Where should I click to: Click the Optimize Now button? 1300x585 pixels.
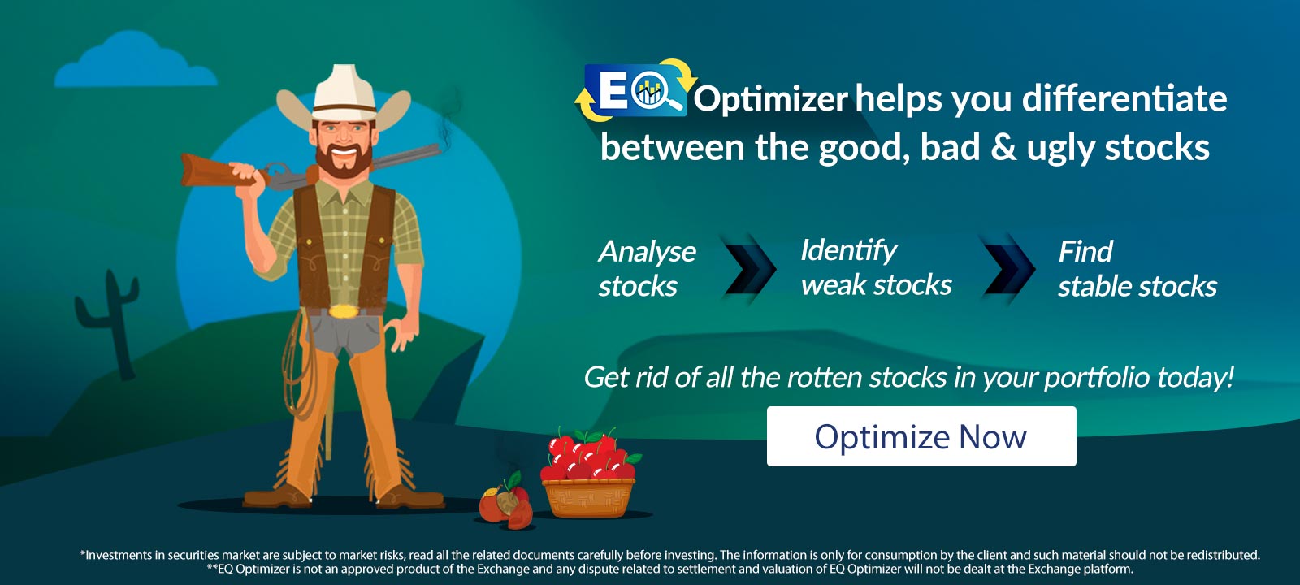click(x=921, y=436)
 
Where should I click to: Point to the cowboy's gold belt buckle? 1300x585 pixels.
click(x=344, y=311)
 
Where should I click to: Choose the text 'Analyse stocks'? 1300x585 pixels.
click(x=647, y=268)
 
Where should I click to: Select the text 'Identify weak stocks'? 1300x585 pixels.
click(x=875, y=267)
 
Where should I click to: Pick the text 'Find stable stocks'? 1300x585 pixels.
click(x=1137, y=269)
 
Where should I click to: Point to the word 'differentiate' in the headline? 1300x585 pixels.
click(x=1124, y=98)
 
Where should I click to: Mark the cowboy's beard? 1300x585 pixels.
click(x=344, y=162)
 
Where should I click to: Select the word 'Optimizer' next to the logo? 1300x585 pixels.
click(x=769, y=99)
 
